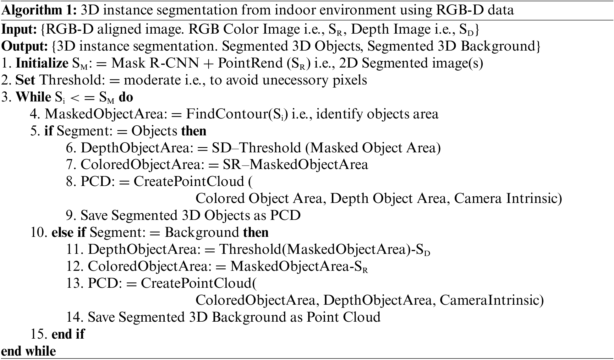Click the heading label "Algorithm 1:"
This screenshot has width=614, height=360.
[39, 10]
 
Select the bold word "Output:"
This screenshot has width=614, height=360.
[25, 46]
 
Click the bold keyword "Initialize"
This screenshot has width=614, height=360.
[42, 63]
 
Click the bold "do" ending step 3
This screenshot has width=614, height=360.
[126, 97]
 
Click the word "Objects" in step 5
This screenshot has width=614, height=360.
[154, 131]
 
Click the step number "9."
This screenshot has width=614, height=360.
[72, 216]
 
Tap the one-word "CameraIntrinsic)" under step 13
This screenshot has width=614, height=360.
[491, 301]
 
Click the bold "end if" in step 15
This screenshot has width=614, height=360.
[68, 334]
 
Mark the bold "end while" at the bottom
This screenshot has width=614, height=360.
[29, 351]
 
